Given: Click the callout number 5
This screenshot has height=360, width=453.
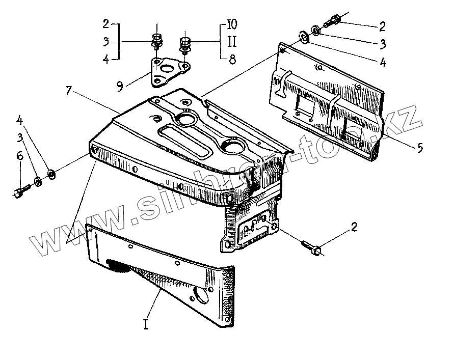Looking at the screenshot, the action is (420, 148).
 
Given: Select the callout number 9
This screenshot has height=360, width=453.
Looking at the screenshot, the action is (120, 86).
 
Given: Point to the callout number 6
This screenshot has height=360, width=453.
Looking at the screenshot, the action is (20, 156).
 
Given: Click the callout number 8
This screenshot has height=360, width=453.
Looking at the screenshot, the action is (232, 60).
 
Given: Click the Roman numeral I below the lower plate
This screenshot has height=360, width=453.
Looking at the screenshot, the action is (146, 324).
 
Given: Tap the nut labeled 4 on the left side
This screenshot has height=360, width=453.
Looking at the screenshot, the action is (51, 175).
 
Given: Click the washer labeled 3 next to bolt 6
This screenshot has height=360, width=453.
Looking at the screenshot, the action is (38, 181).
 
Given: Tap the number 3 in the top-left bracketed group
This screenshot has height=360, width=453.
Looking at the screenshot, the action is (105, 42).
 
